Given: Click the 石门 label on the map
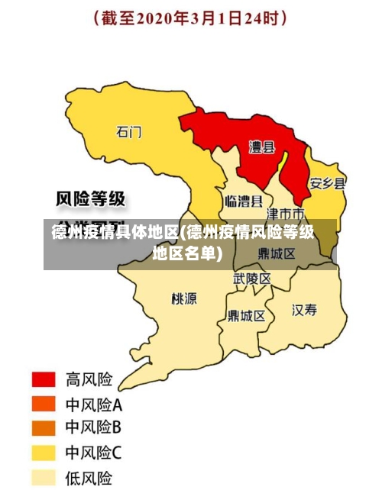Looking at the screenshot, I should coord(128,132).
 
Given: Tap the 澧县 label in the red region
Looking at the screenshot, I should coord(262,147).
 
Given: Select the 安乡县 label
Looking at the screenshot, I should coord(327,184).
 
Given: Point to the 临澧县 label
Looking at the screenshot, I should coord(244,201).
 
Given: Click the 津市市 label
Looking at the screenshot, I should coord(290,212).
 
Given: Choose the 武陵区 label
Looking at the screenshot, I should coord(251,279).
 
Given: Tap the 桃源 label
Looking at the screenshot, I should coord(184,298).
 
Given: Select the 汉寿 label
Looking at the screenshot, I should coord(304,309).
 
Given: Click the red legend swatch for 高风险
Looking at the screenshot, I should coord(43,379).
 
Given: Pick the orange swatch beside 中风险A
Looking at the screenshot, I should coord(43,404).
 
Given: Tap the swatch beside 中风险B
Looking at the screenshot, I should coord(43,428).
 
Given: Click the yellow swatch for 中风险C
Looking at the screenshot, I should coord(43,453).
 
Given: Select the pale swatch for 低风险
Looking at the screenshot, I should coord(43,478).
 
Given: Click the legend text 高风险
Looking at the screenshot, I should coord(89,379).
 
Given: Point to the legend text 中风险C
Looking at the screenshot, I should coord(93,453).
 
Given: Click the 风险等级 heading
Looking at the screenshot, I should coord(91,200).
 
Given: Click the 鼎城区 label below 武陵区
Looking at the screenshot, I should coord(247,315).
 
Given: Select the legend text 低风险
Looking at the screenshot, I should coord(89,479).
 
